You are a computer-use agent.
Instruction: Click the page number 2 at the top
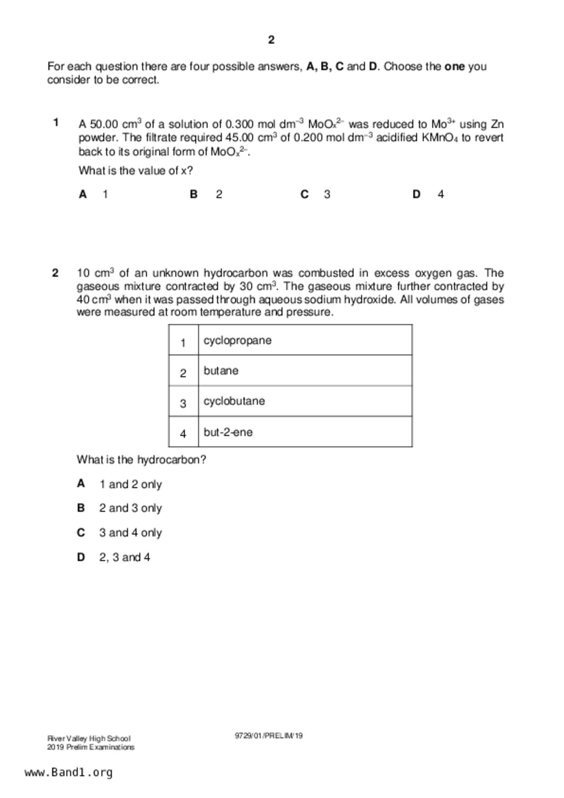pyautogui.click(x=271, y=40)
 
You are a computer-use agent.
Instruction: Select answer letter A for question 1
pyautogui.click(x=83, y=194)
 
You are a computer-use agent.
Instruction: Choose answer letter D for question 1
pyautogui.click(x=416, y=194)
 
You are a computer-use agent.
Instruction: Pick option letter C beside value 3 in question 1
pyautogui.click(x=305, y=194)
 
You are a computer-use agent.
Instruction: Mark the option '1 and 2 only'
pyautogui.click(x=131, y=485)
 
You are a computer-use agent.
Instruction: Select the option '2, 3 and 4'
pyautogui.click(x=125, y=557)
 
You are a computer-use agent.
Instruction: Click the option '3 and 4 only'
pyautogui.click(x=131, y=533)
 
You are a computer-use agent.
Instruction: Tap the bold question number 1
pyautogui.click(x=56, y=122)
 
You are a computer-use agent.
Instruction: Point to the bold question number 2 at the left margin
pyautogui.click(x=55, y=273)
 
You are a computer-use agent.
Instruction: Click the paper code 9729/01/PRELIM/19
pyautogui.click(x=269, y=736)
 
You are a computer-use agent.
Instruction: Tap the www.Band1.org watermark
pyautogui.click(x=69, y=773)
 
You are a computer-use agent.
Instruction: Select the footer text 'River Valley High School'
pyautogui.click(x=89, y=739)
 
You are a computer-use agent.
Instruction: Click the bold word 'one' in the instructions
pyautogui.click(x=454, y=67)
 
